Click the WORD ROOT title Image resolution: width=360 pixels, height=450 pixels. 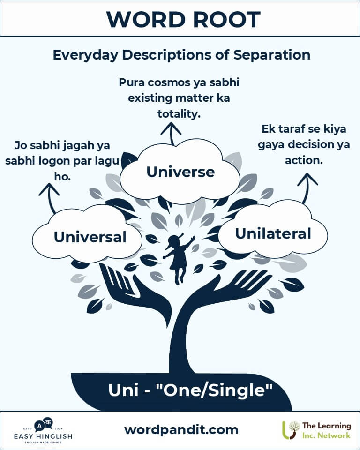[x=183, y=20]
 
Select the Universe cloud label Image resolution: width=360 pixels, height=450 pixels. [x=180, y=172]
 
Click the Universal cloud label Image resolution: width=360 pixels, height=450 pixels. [x=90, y=237]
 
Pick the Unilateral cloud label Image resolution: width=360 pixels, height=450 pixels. [x=273, y=233]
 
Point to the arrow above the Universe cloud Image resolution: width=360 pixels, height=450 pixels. [x=172, y=134]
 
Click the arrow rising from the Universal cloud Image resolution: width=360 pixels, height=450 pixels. [x=50, y=198]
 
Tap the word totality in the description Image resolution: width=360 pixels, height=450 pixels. [x=179, y=114]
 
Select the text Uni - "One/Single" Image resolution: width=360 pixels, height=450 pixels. [x=190, y=390]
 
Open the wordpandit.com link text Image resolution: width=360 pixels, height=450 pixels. [x=181, y=430]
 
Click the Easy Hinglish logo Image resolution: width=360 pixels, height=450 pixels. [x=43, y=431]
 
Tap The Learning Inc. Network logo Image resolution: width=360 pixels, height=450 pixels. [x=316, y=430]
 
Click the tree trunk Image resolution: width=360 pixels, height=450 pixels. [x=180, y=345]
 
